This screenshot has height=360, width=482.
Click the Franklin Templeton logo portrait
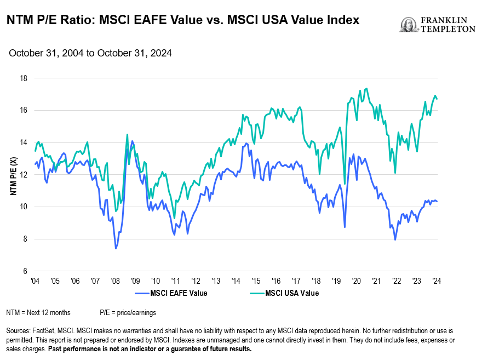[408, 25]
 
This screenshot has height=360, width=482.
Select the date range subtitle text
[90, 53]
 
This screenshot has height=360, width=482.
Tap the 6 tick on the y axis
[25, 271]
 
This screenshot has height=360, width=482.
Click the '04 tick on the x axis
[35, 281]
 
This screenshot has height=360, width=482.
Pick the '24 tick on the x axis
[437, 281]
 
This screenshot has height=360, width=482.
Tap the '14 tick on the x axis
[236, 281]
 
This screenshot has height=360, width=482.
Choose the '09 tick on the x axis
[135, 281]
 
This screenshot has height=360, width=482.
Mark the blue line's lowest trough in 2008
[116, 249]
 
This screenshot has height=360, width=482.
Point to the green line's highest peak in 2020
[366, 88]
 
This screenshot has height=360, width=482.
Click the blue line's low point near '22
[395, 240]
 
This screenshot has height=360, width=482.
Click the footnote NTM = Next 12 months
[38, 312]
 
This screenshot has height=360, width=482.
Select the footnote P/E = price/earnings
[128, 312]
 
